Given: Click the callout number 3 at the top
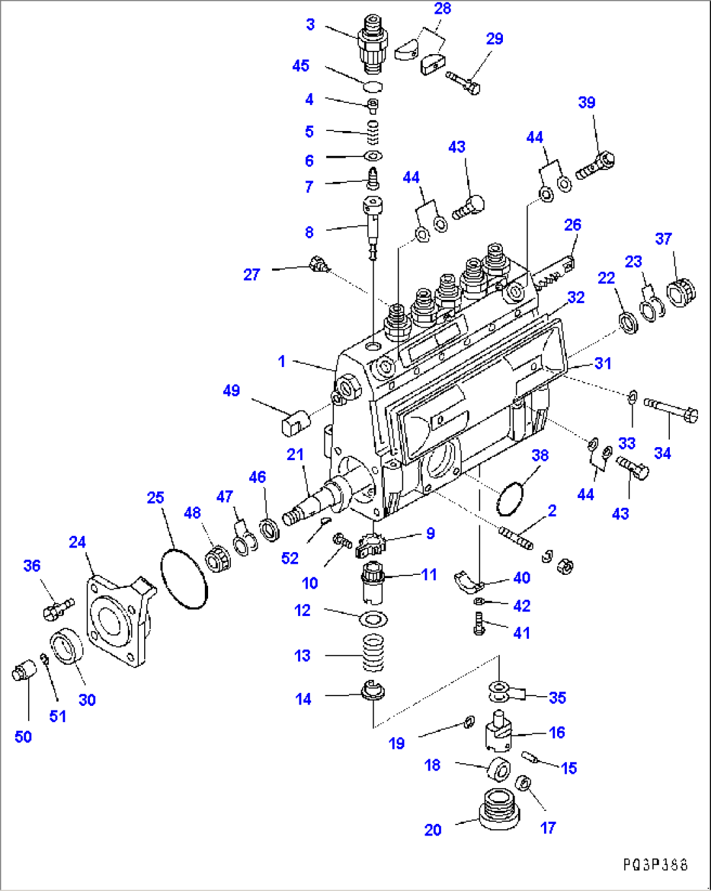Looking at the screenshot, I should point(310,25).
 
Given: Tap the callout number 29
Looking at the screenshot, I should point(495,39).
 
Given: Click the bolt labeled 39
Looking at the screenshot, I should point(597,165).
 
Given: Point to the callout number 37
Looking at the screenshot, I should point(663,239).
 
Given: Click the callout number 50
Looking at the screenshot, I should point(23,737).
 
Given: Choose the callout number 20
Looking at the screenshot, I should point(433,830).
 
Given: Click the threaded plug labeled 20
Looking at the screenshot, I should point(499,809).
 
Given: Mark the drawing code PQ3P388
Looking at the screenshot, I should point(655,865).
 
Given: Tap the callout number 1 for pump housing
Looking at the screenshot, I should point(282,361).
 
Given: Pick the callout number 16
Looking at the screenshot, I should point(556,733).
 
